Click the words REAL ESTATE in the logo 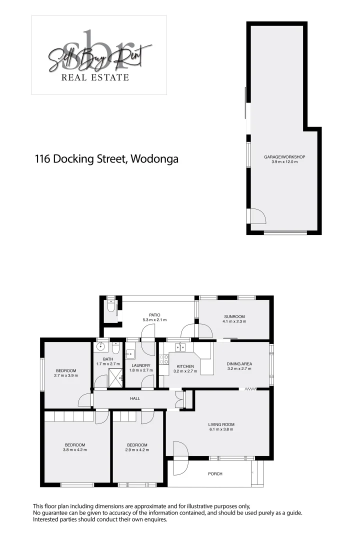coord(95,77)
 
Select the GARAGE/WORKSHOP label coord(284,157)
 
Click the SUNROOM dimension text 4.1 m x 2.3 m coord(234,321)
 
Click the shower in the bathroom coord(115,377)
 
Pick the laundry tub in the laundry coord(130,354)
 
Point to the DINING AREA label coord(239,363)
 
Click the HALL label coord(135,398)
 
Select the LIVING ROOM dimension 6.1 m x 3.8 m coord(221,430)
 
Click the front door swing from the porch coord(180,451)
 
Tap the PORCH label coord(215,473)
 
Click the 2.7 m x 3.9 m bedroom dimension coord(66,375)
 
